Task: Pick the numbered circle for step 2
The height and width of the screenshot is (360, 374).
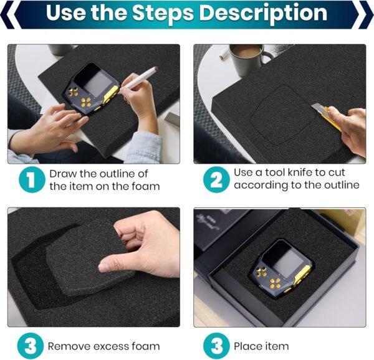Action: tap(215, 179)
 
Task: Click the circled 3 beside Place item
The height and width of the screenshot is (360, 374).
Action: tap(215, 345)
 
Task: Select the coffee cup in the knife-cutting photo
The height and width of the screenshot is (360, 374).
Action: tap(249, 59)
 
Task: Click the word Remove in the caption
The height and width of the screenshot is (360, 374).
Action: tap(69, 346)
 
